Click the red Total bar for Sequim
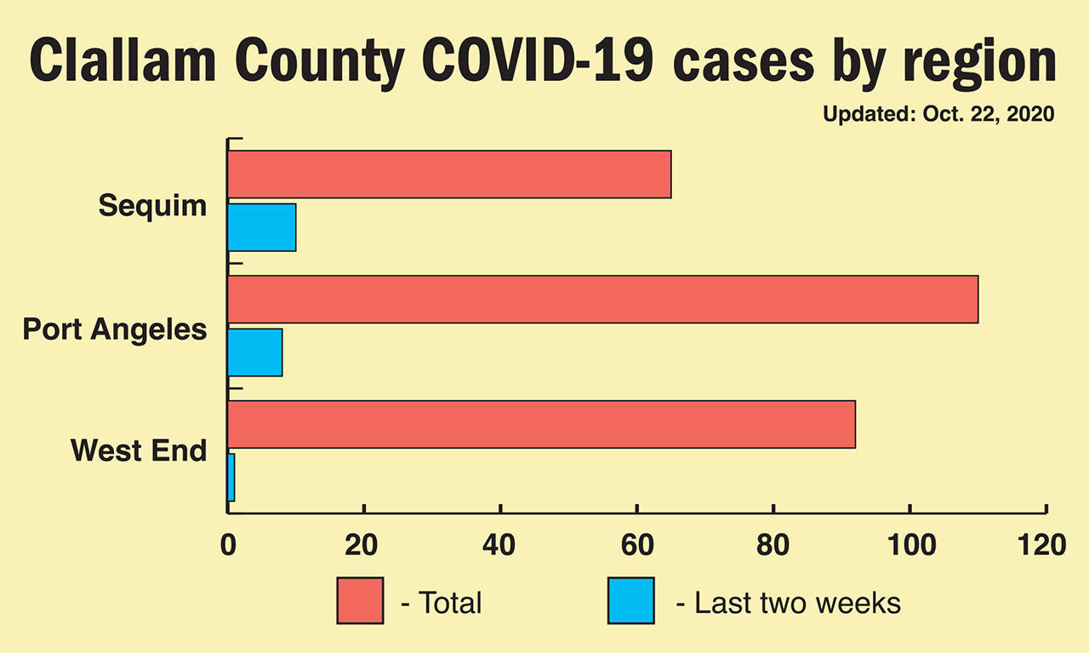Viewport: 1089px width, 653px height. pos(449,175)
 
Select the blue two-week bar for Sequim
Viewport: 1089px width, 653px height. pos(262,227)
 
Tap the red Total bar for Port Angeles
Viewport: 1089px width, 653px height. pos(602,299)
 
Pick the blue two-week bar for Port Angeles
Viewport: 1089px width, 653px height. pos(255,352)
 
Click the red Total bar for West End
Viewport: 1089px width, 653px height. pos(541,424)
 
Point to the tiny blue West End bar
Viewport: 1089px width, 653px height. pos(231,478)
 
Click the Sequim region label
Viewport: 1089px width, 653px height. pos(152,205)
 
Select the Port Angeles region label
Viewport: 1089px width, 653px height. pos(115,329)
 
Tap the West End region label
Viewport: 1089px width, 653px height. pos(139,450)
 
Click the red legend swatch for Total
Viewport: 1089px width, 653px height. pos(360,601)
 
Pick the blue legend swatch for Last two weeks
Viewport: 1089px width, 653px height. pos(630,601)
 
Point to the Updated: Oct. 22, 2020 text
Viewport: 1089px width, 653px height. pos(938,114)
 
